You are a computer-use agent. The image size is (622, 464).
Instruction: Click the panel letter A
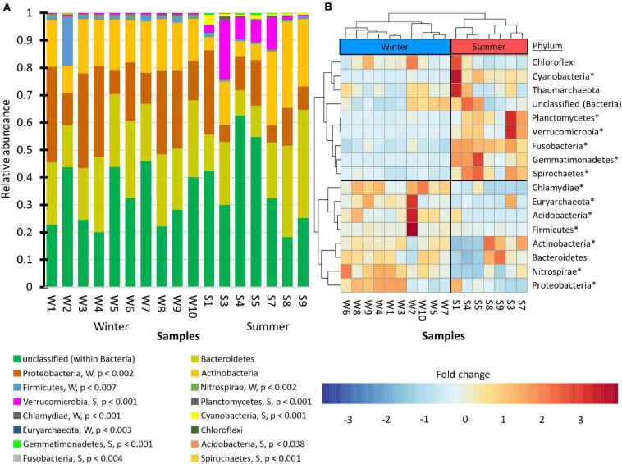7,7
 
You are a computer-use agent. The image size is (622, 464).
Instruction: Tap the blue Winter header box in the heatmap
395,46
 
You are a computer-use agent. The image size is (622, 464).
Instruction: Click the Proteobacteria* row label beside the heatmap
564,284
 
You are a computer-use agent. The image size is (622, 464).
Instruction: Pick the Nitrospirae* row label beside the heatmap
559,271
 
